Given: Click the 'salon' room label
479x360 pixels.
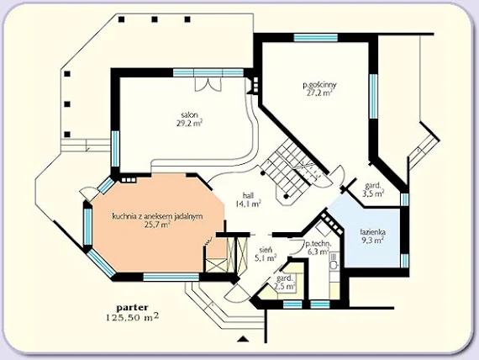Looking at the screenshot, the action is click(189, 115).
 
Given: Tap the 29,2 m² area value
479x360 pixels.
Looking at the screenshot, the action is click(189, 124).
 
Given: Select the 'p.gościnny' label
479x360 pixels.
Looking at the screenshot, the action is click(319, 85).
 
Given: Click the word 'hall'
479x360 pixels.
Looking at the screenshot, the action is click(249, 195).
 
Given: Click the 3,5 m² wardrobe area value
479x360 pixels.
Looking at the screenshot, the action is click(373, 193).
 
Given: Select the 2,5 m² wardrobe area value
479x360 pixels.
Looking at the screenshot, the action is click(285, 286).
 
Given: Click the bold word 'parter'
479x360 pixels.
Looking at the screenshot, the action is click(133, 307).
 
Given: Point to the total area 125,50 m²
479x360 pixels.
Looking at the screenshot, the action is click(133, 317).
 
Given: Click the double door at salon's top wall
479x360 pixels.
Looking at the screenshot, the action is click(208, 84).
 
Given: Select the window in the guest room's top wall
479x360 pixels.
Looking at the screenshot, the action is click(316, 38).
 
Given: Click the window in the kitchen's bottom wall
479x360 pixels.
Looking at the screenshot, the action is click(171, 278).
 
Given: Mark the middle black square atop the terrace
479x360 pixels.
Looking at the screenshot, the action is click(155, 19).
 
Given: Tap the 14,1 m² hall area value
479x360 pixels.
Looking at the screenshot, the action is click(249, 204).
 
